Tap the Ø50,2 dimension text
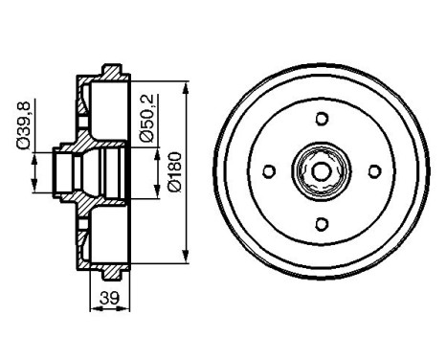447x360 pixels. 145,118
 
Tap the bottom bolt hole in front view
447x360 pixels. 322,225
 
